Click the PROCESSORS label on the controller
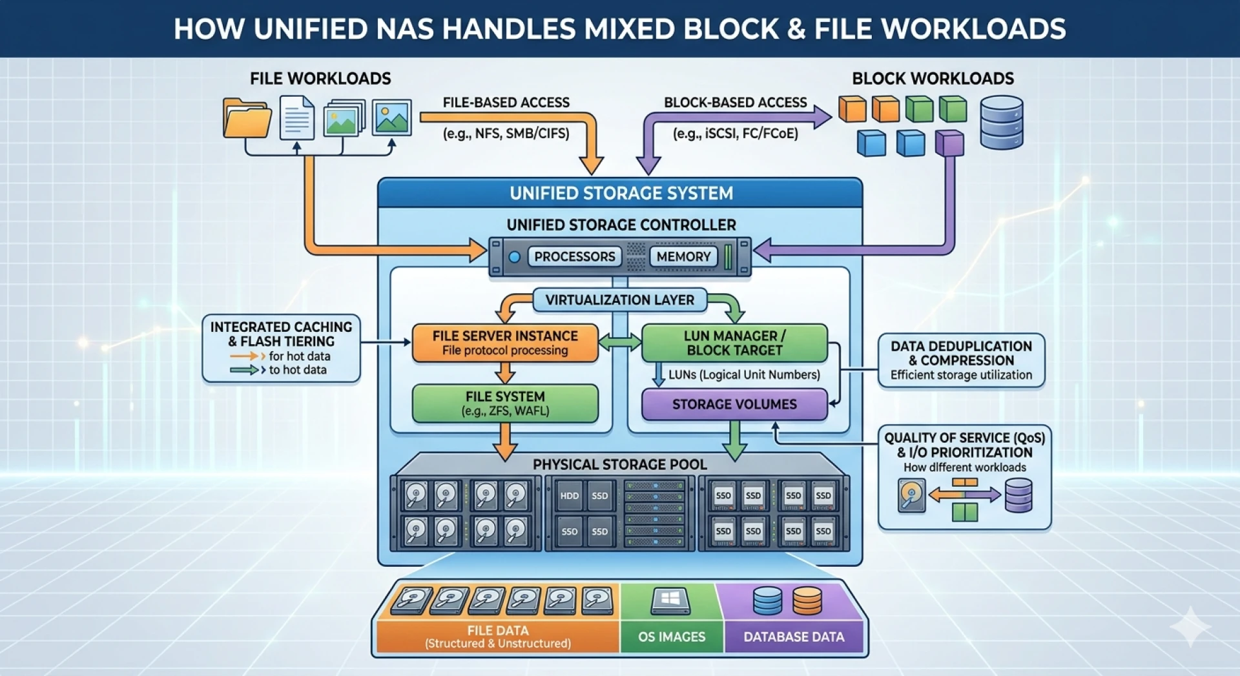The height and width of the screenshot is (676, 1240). click(x=574, y=256)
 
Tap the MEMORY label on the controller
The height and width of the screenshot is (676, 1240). click(x=683, y=256)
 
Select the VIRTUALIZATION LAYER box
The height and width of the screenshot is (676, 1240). click(x=619, y=300)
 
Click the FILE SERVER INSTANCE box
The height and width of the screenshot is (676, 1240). click(x=505, y=343)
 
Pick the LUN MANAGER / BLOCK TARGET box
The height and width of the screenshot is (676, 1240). click(x=734, y=343)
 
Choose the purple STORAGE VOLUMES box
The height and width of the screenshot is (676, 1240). click(x=734, y=404)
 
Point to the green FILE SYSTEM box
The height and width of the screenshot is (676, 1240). click(x=505, y=404)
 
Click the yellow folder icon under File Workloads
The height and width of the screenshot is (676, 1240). click(x=246, y=118)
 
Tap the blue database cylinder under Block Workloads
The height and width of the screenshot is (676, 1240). click(x=1001, y=123)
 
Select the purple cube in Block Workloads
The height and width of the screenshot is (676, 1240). click(x=949, y=143)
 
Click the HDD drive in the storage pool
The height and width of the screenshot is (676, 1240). click(x=570, y=496)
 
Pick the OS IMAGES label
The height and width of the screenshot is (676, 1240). click(x=672, y=637)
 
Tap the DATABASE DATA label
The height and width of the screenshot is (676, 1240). click(x=794, y=637)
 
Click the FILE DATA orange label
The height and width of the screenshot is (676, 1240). click(x=497, y=636)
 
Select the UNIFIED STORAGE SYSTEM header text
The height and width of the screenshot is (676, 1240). click(x=621, y=193)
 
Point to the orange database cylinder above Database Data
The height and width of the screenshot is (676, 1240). click(x=807, y=601)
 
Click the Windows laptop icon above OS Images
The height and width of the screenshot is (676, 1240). click(x=670, y=601)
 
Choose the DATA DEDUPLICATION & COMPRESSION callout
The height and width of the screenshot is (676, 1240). click(x=961, y=360)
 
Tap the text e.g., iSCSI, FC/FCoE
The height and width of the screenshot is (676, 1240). click(x=735, y=134)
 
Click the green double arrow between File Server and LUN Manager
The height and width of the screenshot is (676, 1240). click(x=619, y=342)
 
